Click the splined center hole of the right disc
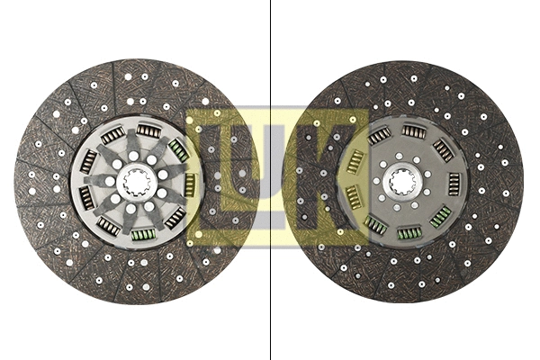pos(404,182)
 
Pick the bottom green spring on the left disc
pos(142,235)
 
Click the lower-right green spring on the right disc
pos(441,216)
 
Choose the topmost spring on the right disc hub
pos(414,131)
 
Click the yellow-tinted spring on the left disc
pos(190,184)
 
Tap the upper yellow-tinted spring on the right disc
pos(355,162)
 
